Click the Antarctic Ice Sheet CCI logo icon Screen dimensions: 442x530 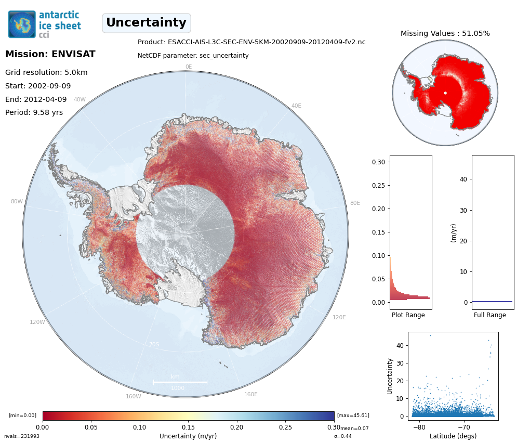pos(22,24)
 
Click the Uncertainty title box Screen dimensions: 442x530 pos(146,23)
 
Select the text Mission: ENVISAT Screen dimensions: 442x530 pos(50,54)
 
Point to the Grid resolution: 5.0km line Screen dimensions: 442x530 pos(46,73)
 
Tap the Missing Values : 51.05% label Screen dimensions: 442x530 pos(445,33)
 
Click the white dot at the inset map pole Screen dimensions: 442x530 pos(445,93)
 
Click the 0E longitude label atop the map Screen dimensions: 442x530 pos(189,67)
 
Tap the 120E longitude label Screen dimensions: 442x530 pos(339,317)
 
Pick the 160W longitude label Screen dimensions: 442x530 pos(133,396)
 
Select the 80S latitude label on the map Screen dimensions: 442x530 pos(173,288)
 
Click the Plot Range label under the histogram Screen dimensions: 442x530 pos(408,315)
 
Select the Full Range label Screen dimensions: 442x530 pos(489,315)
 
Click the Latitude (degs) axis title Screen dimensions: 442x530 pos(453,436)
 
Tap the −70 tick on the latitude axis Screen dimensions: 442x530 pos(463,426)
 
